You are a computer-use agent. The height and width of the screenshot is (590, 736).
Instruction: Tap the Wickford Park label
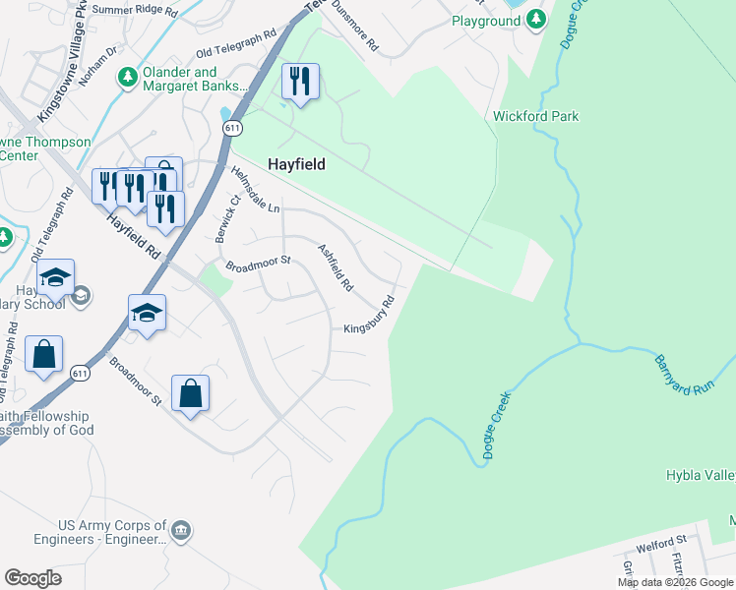(535, 116)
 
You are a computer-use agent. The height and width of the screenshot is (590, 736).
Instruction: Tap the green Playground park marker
(535, 20)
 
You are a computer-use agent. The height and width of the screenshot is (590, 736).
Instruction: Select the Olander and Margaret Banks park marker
(127, 77)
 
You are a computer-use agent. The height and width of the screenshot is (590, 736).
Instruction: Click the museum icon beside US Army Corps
(181, 531)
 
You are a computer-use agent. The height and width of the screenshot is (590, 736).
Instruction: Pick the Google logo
(32, 578)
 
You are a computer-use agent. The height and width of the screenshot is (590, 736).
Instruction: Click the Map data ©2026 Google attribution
(674, 582)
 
